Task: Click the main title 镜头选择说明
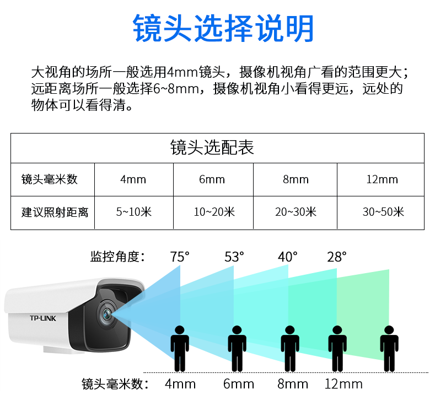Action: (223, 29)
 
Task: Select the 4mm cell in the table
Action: (133, 179)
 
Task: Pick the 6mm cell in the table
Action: (212, 179)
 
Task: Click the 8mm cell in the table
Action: (296, 179)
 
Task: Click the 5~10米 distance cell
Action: (133, 212)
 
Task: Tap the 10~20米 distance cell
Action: (214, 212)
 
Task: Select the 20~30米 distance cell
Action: (296, 212)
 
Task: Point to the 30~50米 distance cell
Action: (383, 212)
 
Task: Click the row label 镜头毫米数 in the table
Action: (50, 179)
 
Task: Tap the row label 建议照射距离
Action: (54, 212)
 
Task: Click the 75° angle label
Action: (180, 257)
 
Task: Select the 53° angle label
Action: (234, 257)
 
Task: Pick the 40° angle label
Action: (288, 257)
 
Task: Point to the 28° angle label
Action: (337, 257)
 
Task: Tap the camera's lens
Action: (105, 313)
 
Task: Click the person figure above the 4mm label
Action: (180, 348)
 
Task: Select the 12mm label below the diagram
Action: (343, 384)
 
